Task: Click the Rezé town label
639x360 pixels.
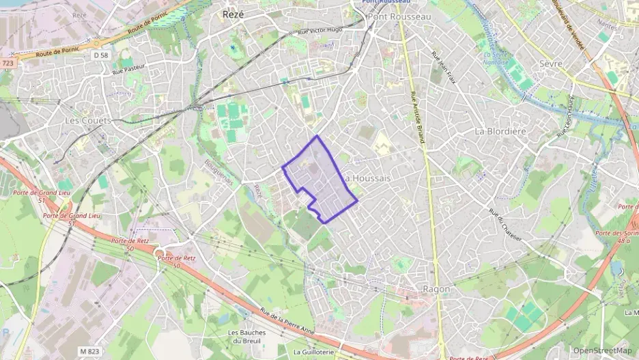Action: tap(233, 14)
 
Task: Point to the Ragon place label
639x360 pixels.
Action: tap(436, 289)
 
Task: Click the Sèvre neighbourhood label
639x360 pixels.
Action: tap(550, 64)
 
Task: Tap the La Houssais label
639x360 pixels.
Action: tap(369, 178)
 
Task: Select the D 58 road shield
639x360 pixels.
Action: tap(100, 55)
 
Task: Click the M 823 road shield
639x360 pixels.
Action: tap(89, 351)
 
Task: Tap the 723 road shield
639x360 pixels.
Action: tap(8, 63)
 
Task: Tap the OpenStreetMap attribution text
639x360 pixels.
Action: tap(602, 351)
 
